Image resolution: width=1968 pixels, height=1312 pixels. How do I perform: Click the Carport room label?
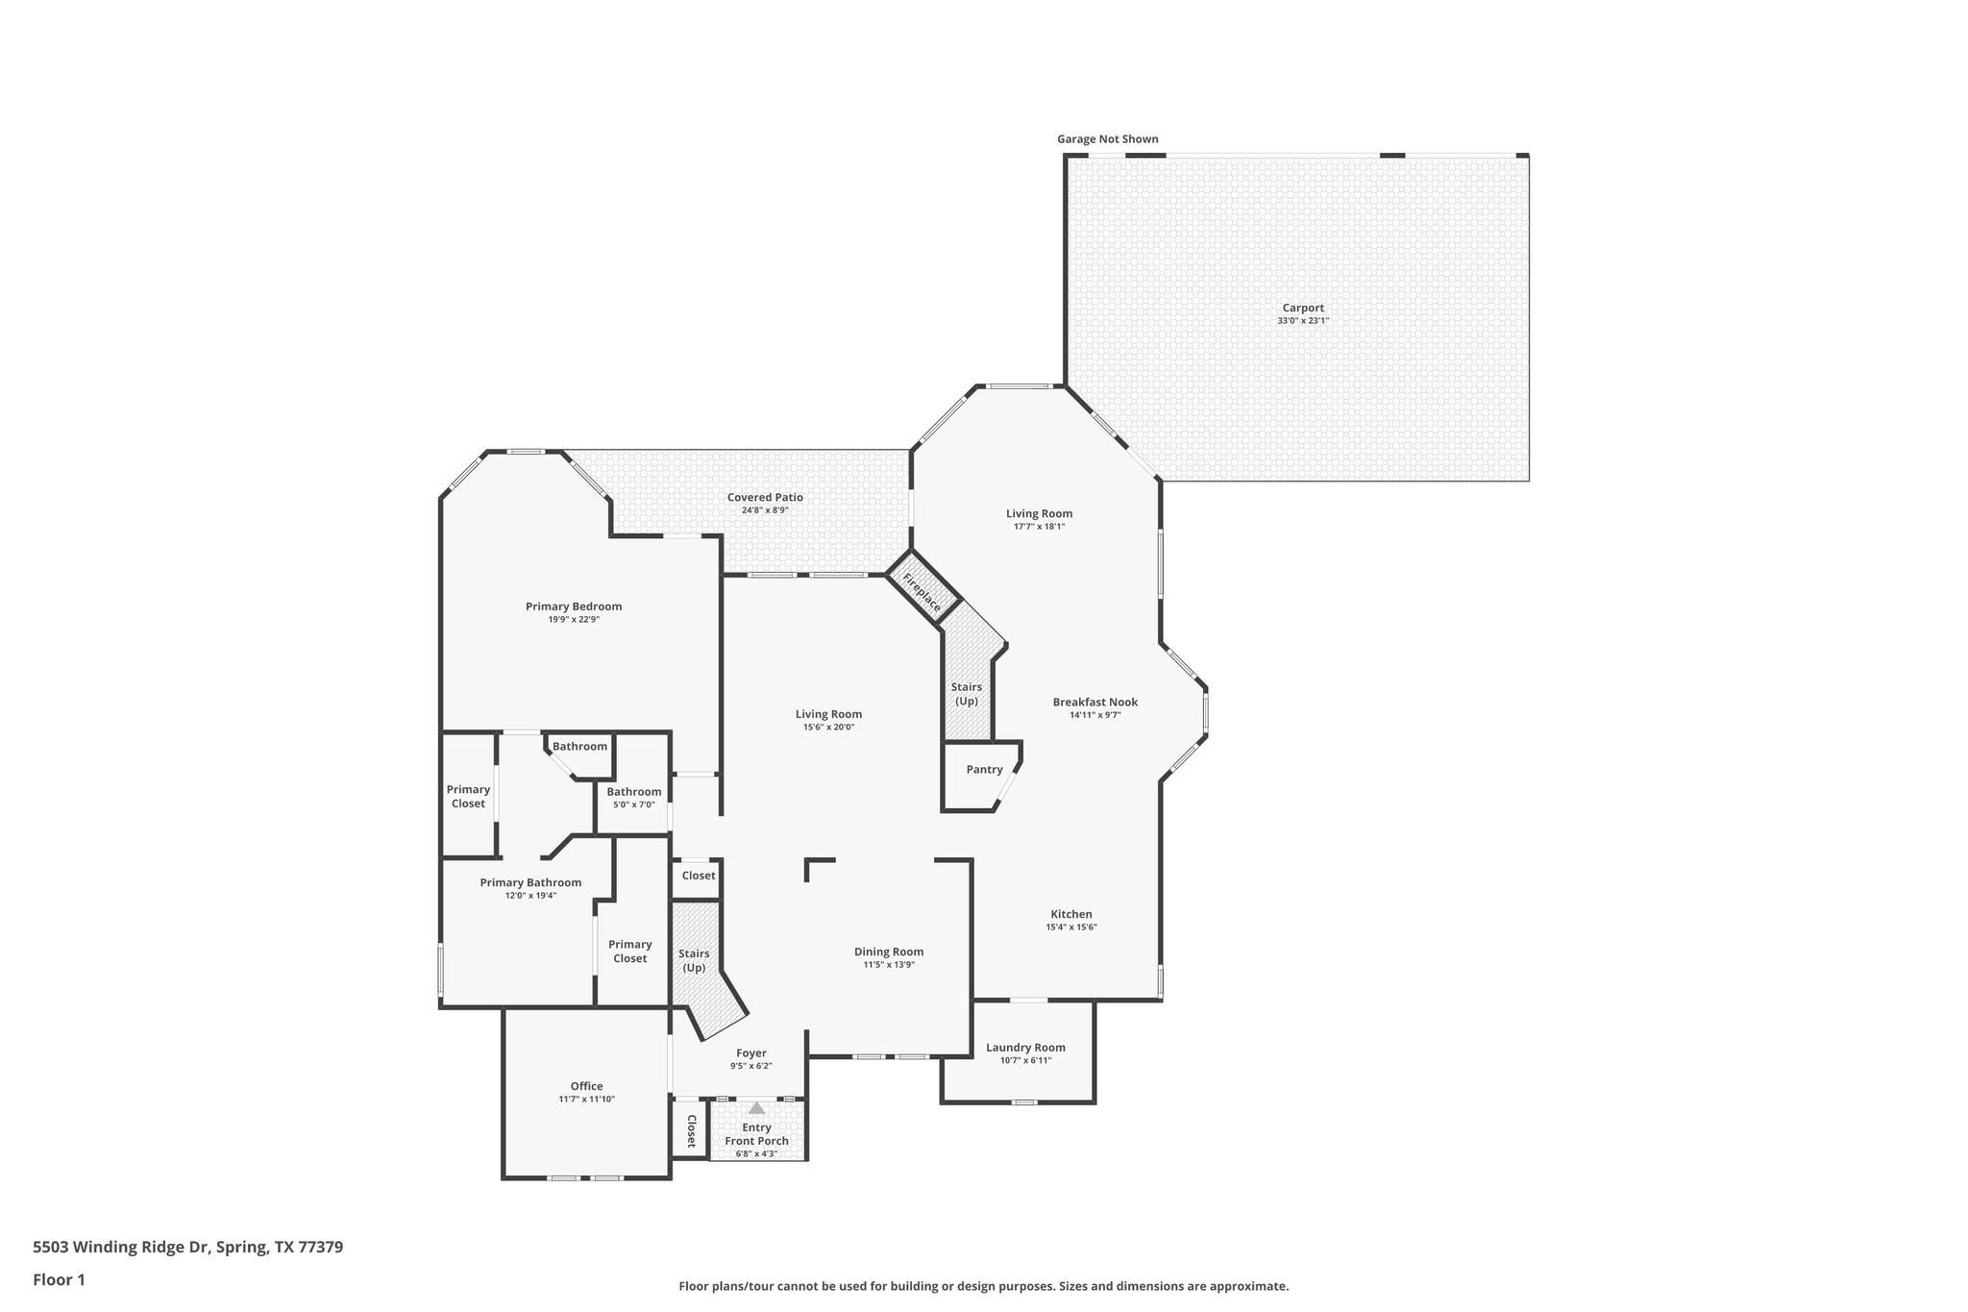click(x=1302, y=309)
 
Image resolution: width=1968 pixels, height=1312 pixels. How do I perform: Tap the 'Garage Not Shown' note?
click(x=1107, y=139)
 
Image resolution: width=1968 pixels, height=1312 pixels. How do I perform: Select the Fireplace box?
click(x=922, y=591)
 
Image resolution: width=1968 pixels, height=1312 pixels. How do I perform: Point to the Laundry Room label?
click(x=1025, y=1048)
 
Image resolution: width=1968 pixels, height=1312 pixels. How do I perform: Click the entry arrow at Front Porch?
click(x=757, y=1108)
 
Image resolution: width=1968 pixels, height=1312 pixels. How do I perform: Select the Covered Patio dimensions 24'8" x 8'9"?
click(x=765, y=510)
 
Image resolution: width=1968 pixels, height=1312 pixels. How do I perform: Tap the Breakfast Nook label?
click(x=1095, y=703)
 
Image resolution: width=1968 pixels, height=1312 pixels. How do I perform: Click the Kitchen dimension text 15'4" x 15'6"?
click(x=1070, y=928)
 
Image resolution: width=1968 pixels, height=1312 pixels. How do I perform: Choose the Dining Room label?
click(x=889, y=953)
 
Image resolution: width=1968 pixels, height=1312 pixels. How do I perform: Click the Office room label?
click(x=586, y=1086)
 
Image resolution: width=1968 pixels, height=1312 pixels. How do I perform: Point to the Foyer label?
click(x=750, y=1053)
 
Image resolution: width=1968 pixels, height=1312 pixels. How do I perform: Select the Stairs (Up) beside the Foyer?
click(x=694, y=960)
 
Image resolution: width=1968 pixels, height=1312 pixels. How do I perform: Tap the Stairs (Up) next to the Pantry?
click(x=967, y=694)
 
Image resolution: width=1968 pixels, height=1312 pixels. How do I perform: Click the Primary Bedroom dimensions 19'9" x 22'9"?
click(x=574, y=620)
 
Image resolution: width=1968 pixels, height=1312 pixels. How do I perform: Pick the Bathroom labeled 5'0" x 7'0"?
click(x=633, y=798)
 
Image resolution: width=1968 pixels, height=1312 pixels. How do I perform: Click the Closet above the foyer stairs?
click(x=699, y=876)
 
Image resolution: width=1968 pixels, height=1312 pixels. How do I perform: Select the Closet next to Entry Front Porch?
click(x=691, y=1131)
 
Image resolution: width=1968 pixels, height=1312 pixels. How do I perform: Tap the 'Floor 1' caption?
click(x=59, y=1279)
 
